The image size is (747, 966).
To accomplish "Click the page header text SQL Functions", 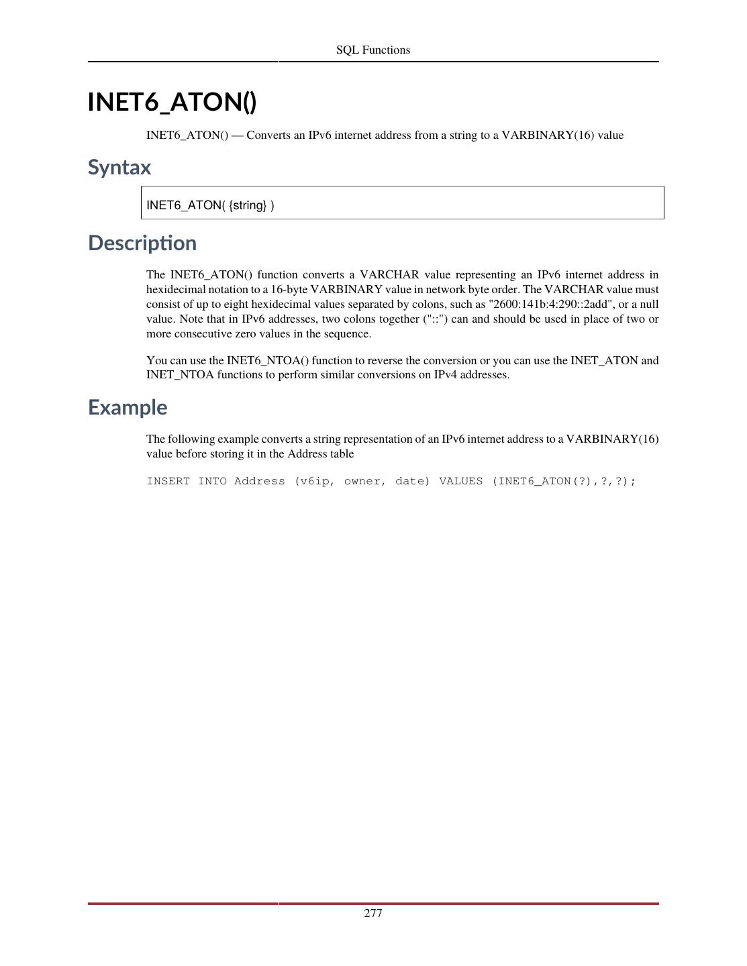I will [373, 50].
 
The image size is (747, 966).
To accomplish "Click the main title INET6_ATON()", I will [172, 102].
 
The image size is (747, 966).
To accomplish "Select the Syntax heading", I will [119, 167].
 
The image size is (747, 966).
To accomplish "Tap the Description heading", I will [142, 243].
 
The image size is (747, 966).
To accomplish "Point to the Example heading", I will [128, 407].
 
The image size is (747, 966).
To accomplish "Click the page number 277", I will [373, 913].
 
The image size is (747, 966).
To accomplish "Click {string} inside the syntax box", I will [248, 205].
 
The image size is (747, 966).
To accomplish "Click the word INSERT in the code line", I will [168, 481].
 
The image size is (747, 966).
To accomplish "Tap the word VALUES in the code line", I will [460, 481].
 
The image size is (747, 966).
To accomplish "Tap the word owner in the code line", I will [362, 481].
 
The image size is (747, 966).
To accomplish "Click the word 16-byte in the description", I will [289, 289].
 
